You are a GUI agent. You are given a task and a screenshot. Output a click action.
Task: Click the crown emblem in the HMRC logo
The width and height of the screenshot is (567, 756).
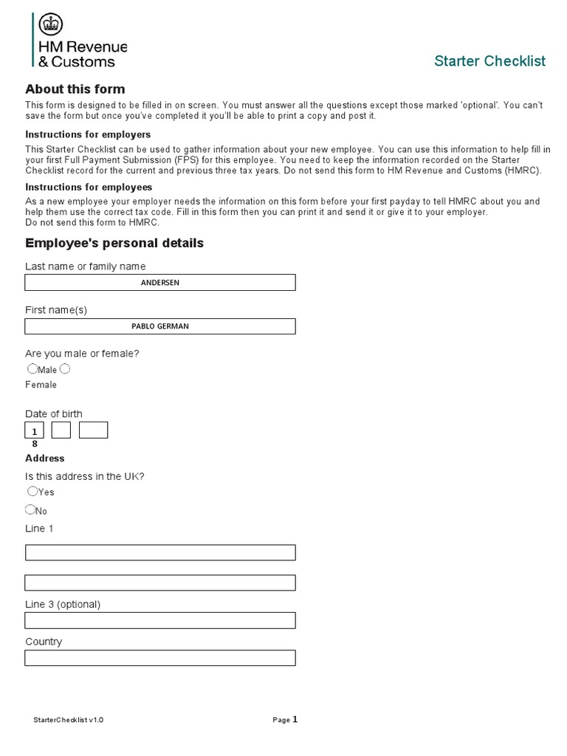(49, 25)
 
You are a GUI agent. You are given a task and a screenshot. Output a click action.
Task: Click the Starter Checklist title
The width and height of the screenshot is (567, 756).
(489, 61)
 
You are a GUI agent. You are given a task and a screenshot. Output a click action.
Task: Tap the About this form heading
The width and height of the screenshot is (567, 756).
(75, 89)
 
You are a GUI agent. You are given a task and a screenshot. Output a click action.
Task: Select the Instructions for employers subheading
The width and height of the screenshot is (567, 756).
(88, 134)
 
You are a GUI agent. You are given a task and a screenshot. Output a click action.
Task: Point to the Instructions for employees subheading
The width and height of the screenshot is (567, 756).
(89, 187)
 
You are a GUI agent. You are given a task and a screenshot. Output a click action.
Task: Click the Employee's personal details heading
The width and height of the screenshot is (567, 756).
(114, 243)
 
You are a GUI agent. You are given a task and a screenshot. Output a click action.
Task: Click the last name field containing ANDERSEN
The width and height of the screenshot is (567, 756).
(160, 282)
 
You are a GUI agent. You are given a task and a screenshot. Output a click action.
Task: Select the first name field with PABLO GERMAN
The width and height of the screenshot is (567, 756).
(160, 326)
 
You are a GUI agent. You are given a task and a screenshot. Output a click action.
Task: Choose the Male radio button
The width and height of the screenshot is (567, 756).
(32, 368)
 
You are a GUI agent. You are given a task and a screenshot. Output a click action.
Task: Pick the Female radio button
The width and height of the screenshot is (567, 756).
(65, 368)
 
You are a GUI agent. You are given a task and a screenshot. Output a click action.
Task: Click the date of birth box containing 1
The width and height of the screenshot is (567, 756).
(35, 430)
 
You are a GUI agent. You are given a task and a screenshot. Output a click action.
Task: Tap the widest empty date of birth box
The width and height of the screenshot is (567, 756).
(93, 430)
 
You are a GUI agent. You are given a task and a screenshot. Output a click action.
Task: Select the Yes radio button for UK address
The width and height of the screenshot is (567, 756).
(32, 491)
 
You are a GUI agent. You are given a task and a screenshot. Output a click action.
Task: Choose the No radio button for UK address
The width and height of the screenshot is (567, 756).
(30, 509)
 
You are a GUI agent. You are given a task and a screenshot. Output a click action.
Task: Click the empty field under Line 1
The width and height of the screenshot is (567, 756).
(160, 552)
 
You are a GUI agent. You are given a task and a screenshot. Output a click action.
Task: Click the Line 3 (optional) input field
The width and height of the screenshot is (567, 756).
(160, 620)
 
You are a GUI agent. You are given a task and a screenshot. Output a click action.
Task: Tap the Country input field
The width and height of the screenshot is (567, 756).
(160, 658)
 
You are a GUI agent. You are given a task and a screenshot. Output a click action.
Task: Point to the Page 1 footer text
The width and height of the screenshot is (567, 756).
(285, 720)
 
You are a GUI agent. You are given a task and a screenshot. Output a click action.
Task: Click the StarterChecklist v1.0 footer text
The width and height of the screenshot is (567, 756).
(69, 721)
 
